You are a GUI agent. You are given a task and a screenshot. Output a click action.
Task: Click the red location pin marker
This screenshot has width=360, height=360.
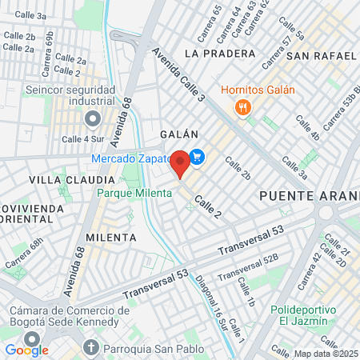(x=180, y=163)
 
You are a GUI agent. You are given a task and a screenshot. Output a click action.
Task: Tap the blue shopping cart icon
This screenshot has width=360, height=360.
(x=198, y=158)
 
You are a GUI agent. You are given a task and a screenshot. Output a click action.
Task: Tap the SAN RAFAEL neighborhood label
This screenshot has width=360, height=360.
(x=321, y=55)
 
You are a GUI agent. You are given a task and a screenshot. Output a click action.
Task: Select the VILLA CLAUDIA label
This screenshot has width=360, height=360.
(x=66, y=180)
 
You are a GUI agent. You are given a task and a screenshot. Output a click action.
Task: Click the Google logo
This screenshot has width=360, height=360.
(x=26, y=350)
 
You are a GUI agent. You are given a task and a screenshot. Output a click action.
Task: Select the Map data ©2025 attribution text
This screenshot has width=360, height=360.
(x=326, y=354)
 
